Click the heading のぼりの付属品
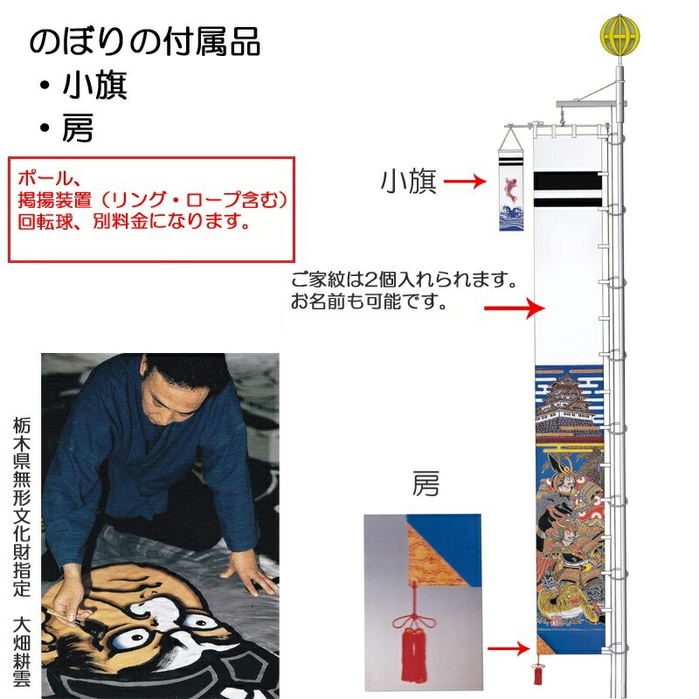tap(144, 41)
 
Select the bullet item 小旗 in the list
tap(95, 86)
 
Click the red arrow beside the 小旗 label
tap(464, 182)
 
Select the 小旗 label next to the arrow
tap(408, 181)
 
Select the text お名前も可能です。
tap(369, 304)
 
